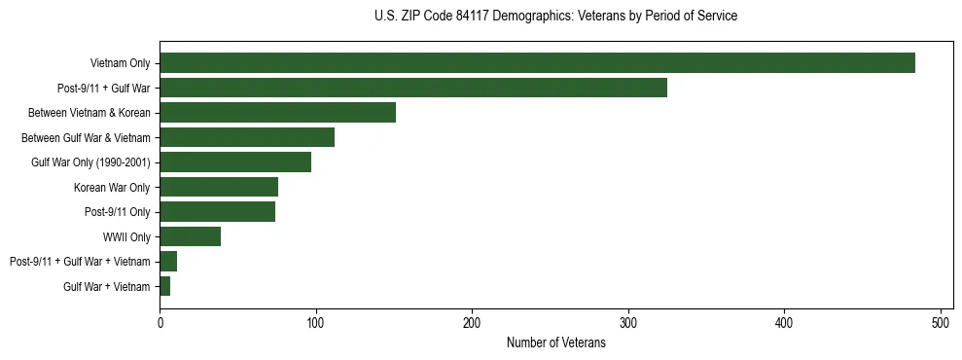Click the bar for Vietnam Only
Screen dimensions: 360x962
click(537, 63)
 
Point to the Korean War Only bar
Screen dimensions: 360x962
click(219, 187)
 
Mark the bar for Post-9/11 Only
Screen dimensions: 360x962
click(217, 212)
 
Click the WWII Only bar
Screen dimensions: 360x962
click(190, 236)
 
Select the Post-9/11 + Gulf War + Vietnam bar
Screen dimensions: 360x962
click(168, 262)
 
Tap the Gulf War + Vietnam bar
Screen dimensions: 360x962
click(164, 286)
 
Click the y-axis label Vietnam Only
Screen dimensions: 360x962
click(120, 63)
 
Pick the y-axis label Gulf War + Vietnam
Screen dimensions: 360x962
click(106, 286)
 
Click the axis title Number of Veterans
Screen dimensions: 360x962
click(556, 342)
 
